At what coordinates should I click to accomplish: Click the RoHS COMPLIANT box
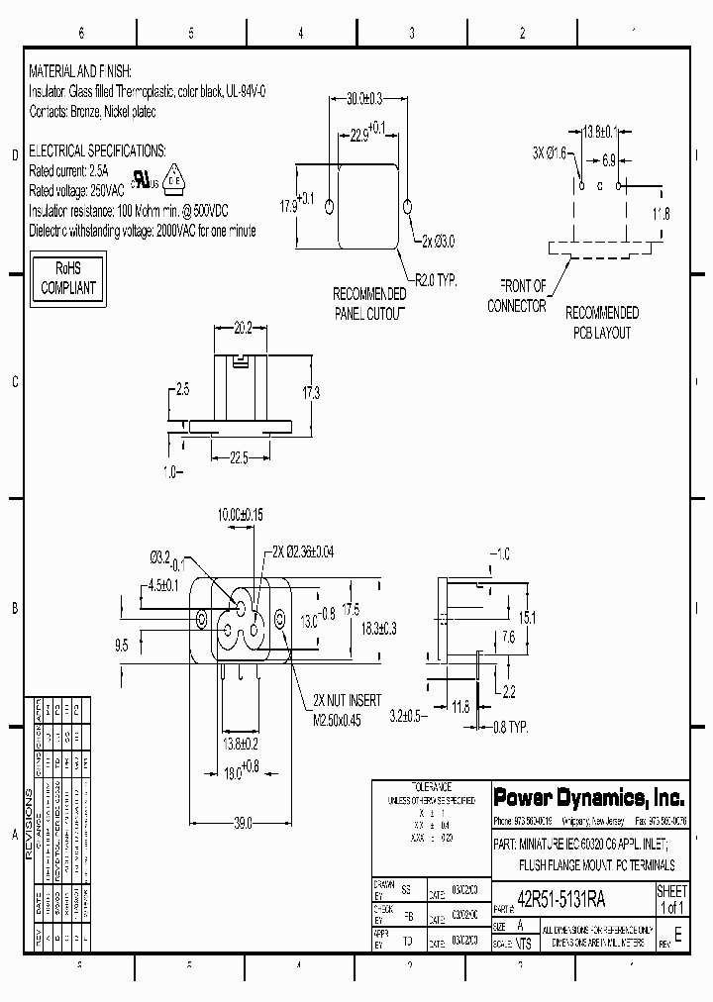[66, 278]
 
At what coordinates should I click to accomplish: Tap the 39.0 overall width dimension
[242, 823]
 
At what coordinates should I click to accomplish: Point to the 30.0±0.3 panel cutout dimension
[364, 99]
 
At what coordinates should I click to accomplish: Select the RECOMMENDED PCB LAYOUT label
[601, 323]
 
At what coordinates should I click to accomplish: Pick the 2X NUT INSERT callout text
[348, 700]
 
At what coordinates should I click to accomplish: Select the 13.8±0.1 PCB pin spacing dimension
[599, 132]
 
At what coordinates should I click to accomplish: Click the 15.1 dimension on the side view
[527, 618]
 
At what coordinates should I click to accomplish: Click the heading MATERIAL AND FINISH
[80, 73]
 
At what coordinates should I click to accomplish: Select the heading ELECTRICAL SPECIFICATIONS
[97, 151]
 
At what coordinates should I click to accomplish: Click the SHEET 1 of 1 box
[671, 899]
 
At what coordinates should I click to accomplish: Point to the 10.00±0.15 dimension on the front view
[241, 515]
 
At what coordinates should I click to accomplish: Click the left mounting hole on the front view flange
[202, 620]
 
